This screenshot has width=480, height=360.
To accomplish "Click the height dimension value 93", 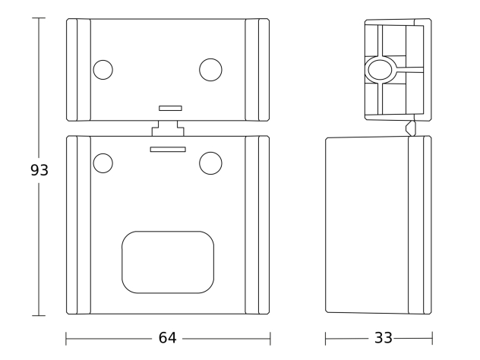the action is tap(39, 170).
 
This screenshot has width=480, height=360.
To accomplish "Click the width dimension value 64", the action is tap(167, 338).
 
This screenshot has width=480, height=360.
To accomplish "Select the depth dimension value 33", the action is tap(384, 338).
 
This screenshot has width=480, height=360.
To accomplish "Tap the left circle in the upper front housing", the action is tap(103, 70).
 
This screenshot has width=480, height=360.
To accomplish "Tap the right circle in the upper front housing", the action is tap(210, 70).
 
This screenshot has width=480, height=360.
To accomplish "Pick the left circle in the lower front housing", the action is tap(103, 163).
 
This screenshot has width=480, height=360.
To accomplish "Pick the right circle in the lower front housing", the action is tap(210, 163).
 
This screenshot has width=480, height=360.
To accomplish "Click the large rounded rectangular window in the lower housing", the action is tap(168, 262).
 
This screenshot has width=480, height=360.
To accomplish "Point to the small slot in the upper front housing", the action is tap(171, 108).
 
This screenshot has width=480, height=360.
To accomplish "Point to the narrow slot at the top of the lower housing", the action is tap(168, 150).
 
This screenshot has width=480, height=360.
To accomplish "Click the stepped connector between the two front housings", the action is tap(168, 128).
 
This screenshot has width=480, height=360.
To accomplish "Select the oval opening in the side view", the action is tap(380, 70).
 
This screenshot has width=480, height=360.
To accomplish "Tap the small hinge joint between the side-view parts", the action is tap(411, 128).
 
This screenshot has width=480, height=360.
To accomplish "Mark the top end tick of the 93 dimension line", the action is tap(39, 18).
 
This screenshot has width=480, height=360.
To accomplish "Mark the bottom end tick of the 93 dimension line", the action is tap(39, 315).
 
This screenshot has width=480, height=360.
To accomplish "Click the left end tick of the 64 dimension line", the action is tap(66, 339).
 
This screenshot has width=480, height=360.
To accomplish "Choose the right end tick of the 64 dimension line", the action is tap(270, 339).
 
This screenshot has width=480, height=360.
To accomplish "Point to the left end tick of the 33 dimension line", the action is tap(325, 339).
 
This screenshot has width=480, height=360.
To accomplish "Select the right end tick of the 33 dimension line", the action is tap(432, 339).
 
